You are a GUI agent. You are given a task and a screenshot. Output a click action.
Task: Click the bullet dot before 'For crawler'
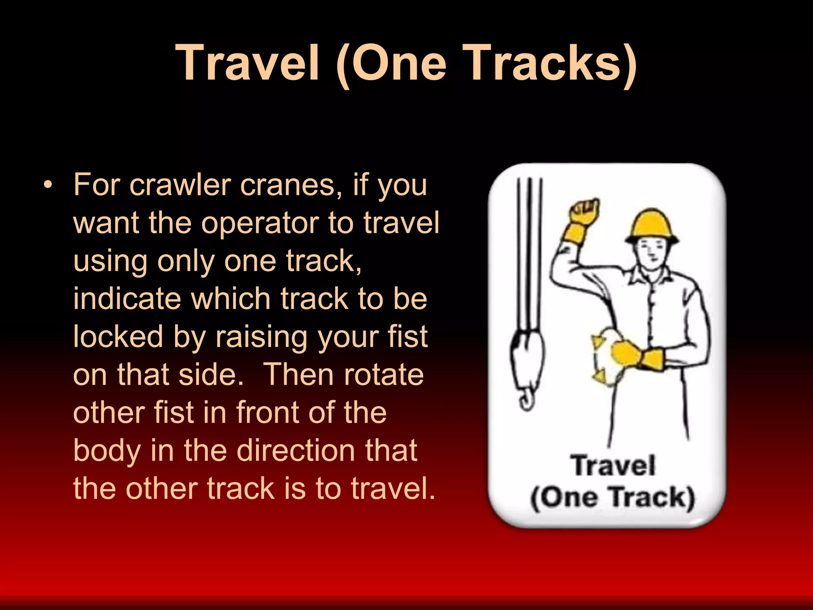(x=48, y=185)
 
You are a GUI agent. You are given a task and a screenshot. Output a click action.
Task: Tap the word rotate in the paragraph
(x=383, y=374)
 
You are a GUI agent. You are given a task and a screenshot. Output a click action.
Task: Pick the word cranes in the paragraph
(x=291, y=185)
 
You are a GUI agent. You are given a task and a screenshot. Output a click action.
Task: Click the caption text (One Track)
(x=612, y=497)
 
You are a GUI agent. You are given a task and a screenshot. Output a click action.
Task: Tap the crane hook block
(x=526, y=357)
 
